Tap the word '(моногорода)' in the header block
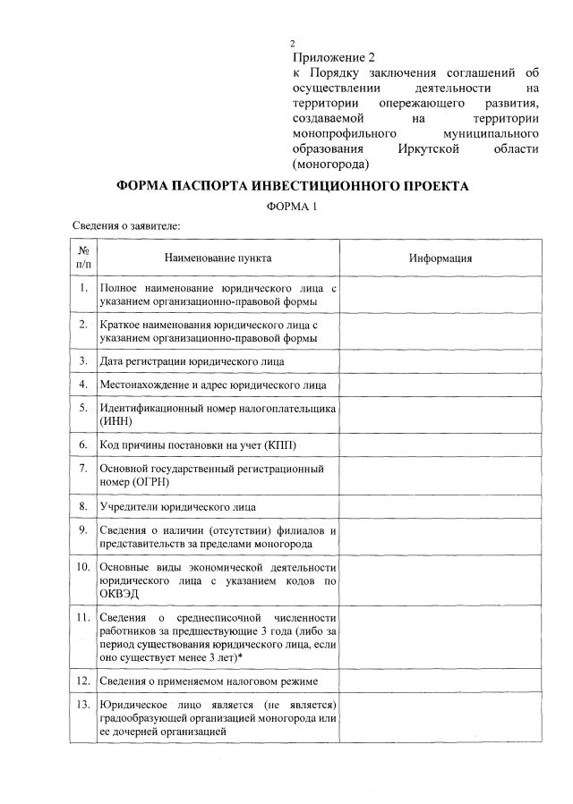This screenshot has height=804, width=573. [x=331, y=164]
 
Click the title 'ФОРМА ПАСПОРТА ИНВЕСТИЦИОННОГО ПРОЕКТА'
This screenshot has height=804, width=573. [x=293, y=187]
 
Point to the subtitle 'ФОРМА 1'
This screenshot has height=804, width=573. [x=293, y=207]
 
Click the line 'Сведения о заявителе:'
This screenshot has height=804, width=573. [x=126, y=226]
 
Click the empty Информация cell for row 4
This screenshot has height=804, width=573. [x=440, y=385]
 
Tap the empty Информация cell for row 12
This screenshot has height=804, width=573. [x=440, y=682]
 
